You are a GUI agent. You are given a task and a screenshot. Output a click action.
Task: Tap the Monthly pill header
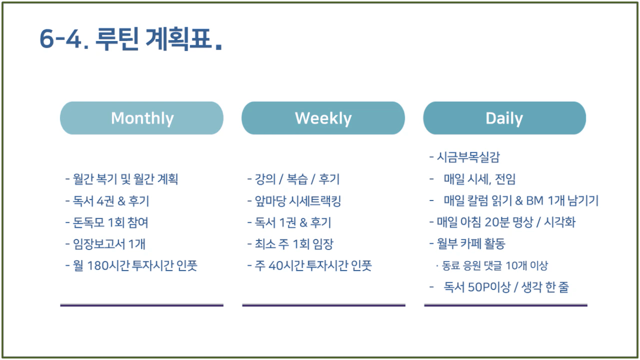(x=142, y=118)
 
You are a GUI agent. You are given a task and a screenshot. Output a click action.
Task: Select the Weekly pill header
(x=323, y=118)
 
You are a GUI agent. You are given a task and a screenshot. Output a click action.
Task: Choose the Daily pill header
(x=505, y=118)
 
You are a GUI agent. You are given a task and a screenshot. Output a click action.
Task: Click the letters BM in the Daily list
(x=535, y=201)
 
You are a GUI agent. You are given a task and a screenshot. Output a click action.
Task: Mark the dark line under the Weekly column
(x=324, y=305)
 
